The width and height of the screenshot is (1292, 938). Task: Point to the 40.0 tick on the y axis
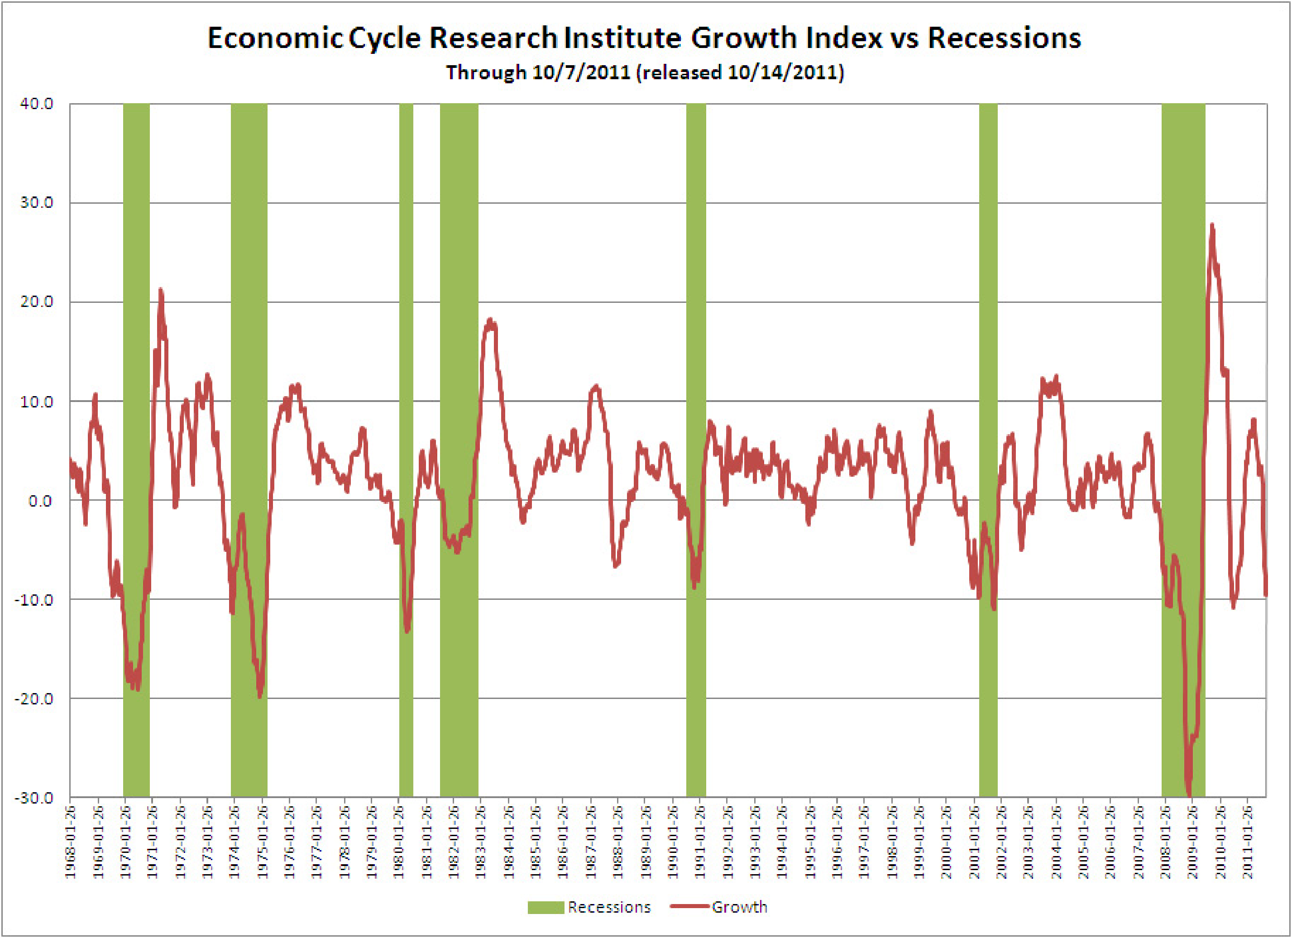[x=37, y=104]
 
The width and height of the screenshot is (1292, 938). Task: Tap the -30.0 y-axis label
[x=34, y=797]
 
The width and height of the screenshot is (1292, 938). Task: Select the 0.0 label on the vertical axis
[x=40, y=501]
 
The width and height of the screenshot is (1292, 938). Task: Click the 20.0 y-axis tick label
[x=37, y=302]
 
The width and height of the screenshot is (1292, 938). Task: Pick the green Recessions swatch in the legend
[x=545, y=907]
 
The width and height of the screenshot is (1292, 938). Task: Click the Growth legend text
[x=739, y=907]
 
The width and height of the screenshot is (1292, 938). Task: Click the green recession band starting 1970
[x=136, y=342]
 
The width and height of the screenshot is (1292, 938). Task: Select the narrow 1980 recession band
[x=406, y=342]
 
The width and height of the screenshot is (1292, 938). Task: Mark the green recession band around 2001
[x=988, y=342]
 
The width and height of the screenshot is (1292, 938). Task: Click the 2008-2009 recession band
[x=1183, y=342]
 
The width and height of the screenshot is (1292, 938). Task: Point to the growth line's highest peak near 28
[x=1212, y=225]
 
